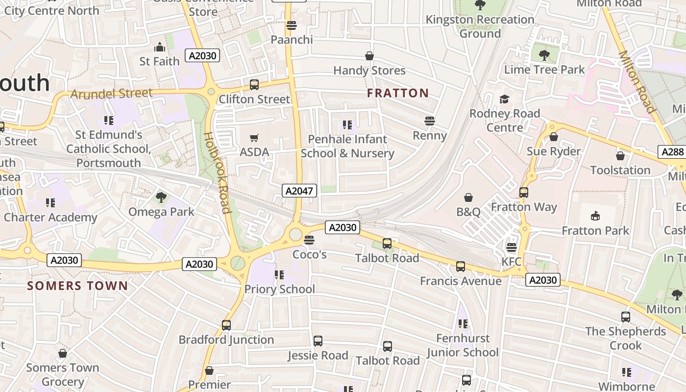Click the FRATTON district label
tap(398, 93)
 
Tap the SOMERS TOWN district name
tap(77, 286)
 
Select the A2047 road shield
tap(299, 191)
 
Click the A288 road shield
tap(672, 152)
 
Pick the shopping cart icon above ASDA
tap(254, 138)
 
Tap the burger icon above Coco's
tap(309, 240)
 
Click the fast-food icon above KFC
tap(512, 247)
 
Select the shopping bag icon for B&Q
tap(468, 197)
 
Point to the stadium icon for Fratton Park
tap(595, 216)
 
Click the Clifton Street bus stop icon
tap(254, 84)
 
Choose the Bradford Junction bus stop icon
tap(226, 325)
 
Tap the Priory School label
tap(279, 289)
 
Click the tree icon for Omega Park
tap(161, 197)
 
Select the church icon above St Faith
tap(159, 47)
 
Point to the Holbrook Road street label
tap(217, 172)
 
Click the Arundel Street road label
tap(111, 93)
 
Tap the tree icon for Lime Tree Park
tap(544, 55)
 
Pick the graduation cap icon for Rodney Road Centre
tap(504, 99)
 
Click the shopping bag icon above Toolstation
tap(620, 156)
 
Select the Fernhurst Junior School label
tap(462, 345)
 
